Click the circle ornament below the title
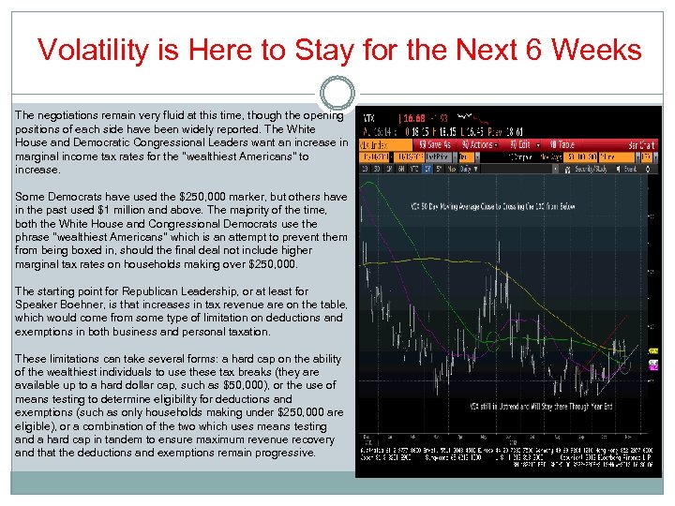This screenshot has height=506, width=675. (x=337, y=93)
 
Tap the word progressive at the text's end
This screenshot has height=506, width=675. (x=280, y=453)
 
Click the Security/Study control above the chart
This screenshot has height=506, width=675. (x=591, y=169)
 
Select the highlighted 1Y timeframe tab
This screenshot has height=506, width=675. (x=428, y=170)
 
